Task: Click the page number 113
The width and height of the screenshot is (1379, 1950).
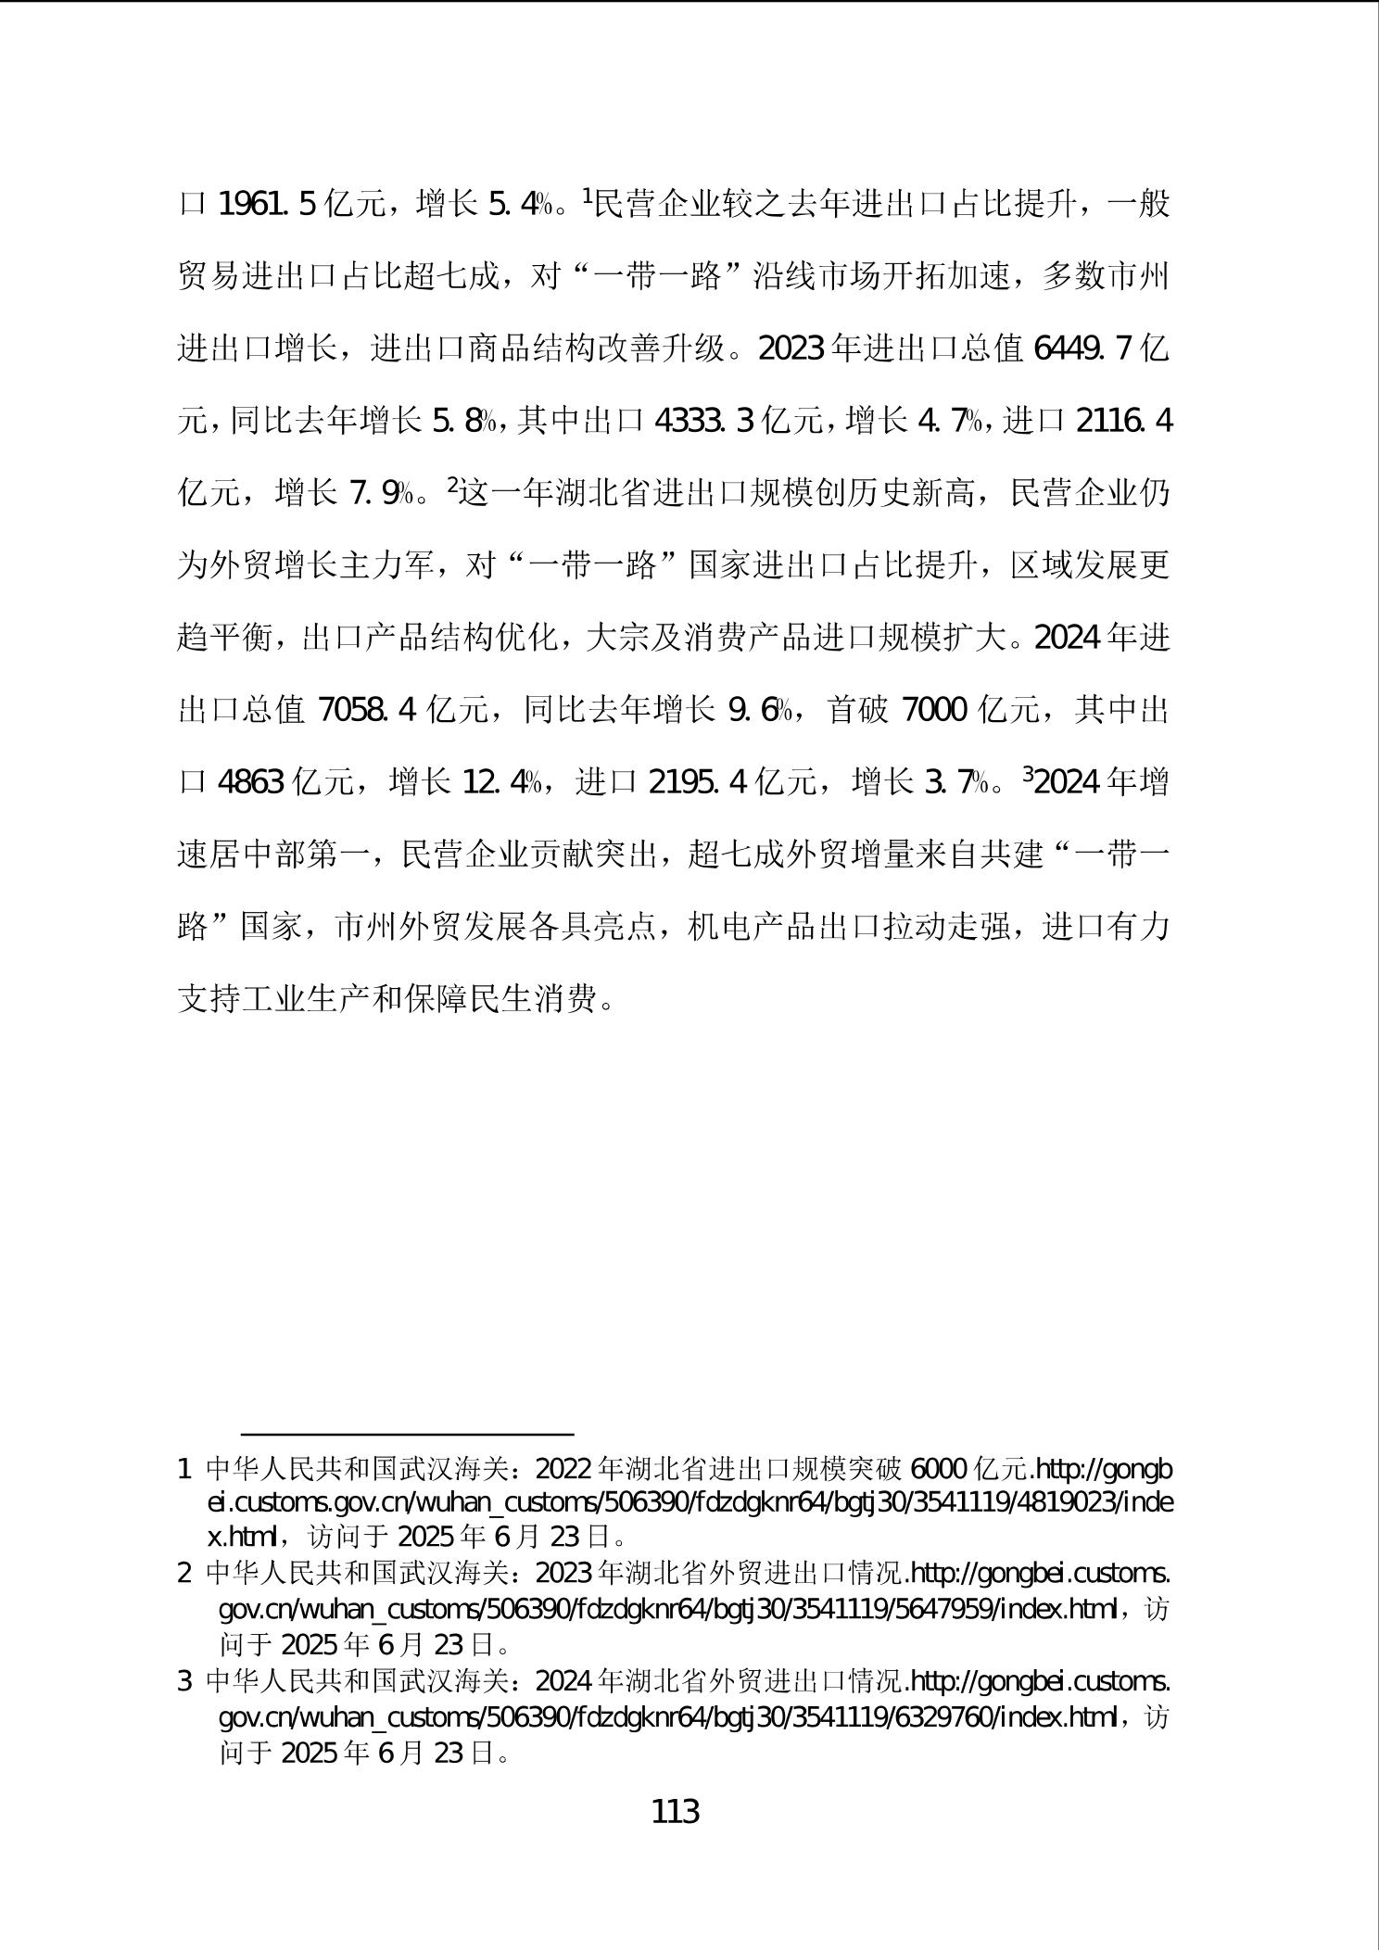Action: click(676, 1811)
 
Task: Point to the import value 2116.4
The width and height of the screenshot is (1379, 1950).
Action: click(1123, 422)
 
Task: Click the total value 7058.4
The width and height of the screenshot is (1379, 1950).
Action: click(367, 711)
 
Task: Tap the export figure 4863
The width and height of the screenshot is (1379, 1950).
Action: click(250, 783)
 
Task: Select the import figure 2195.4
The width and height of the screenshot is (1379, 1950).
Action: click(698, 783)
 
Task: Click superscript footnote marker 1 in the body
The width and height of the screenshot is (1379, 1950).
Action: click(586, 196)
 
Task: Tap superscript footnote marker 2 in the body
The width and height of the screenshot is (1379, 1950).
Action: click(452, 485)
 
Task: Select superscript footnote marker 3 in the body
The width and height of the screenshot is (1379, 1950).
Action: click(1028, 775)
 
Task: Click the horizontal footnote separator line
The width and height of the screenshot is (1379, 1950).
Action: click(408, 1434)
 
